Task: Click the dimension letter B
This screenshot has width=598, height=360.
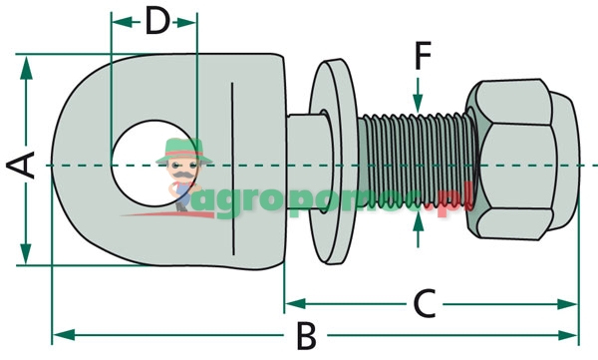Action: [x=305, y=335]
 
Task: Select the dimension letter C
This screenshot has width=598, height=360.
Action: [x=424, y=302]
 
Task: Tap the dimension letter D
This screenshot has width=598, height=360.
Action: [x=157, y=20]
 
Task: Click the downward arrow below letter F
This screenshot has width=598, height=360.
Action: [x=419, y=101]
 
